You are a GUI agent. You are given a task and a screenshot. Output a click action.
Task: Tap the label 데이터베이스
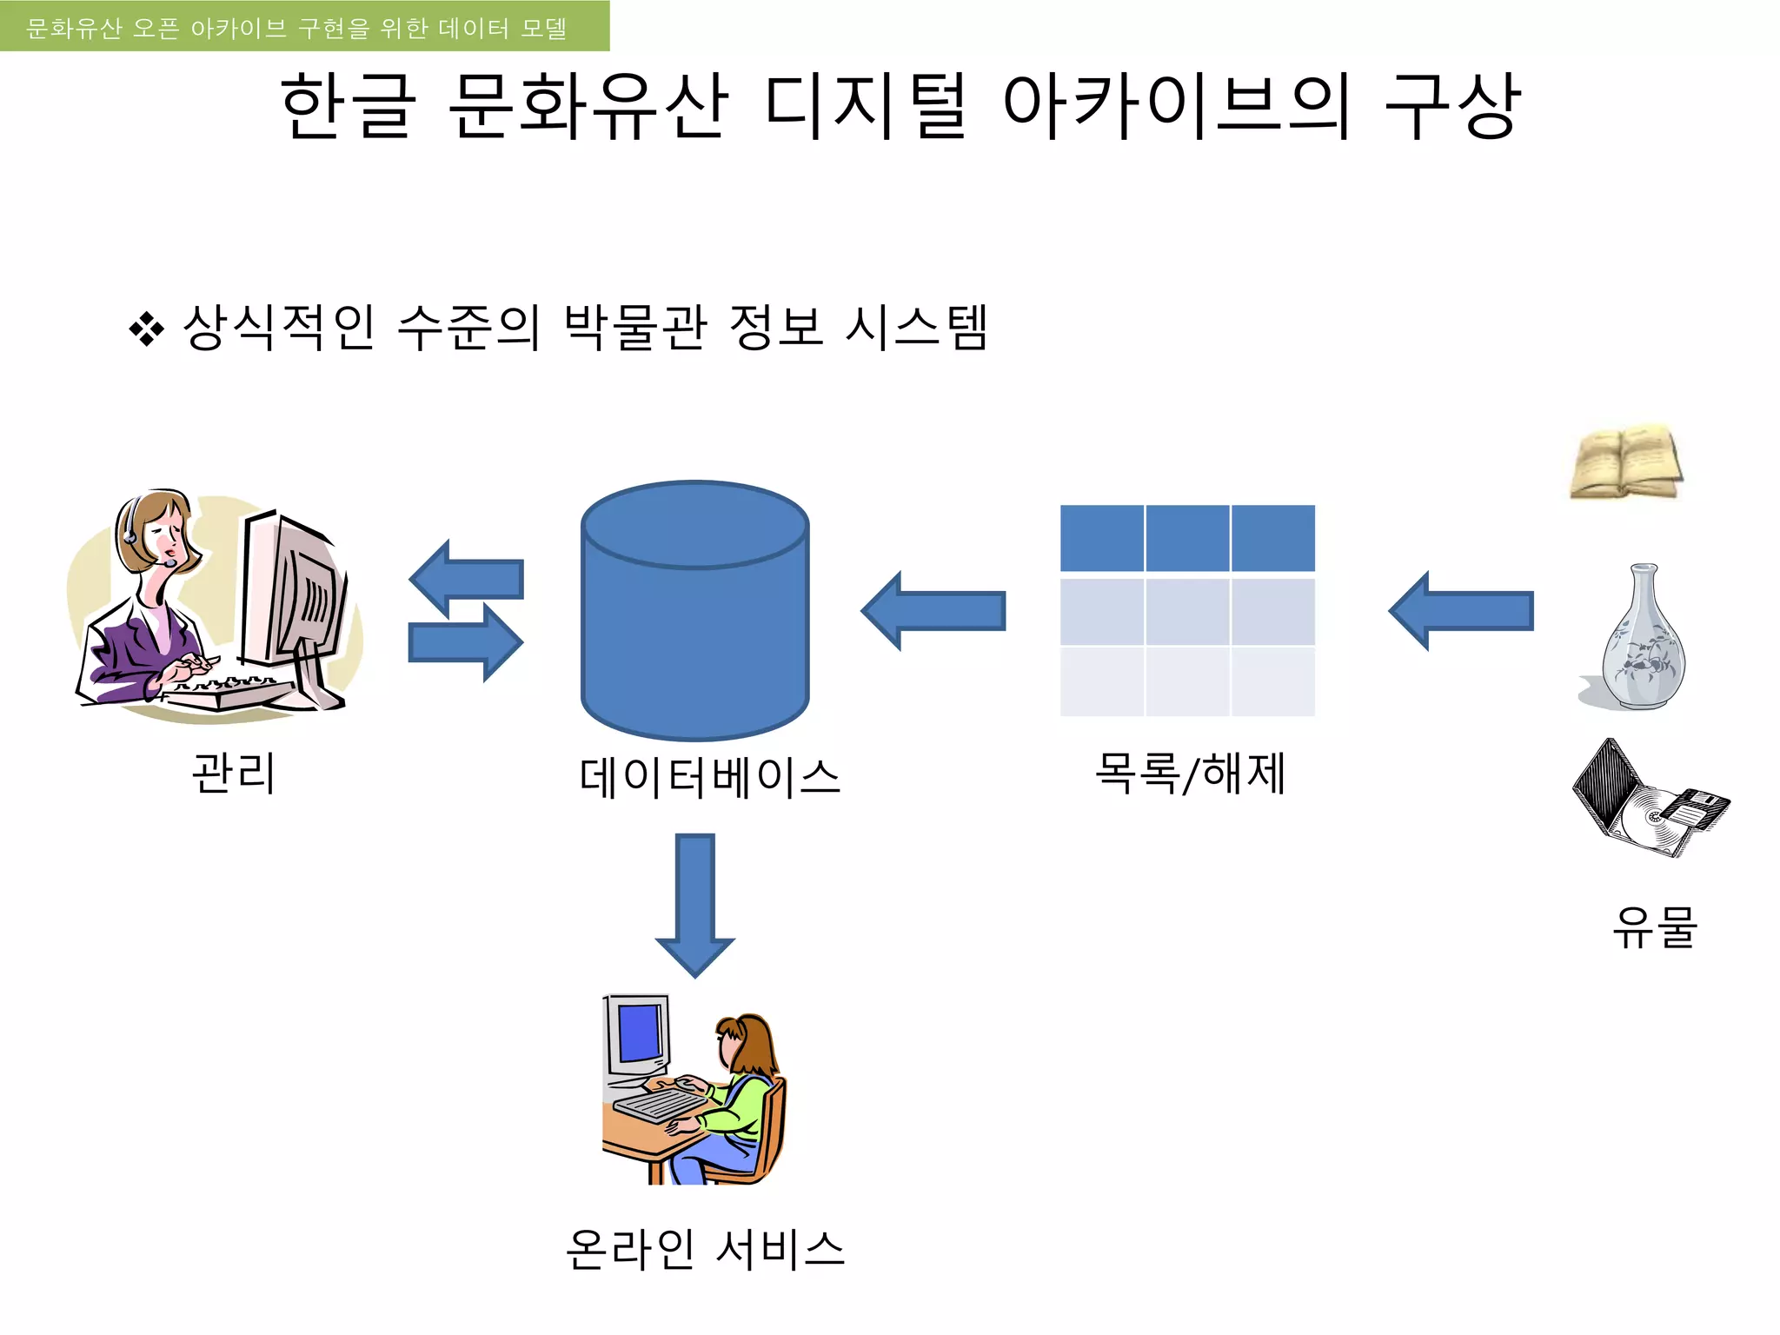coord(709,777)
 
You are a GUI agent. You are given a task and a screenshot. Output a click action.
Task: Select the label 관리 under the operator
coord(234,773)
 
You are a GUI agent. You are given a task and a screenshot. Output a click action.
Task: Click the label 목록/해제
coord(1189,773)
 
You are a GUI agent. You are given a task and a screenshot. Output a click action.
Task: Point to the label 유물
coord(1654,927)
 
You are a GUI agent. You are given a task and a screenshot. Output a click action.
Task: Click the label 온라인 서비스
coord(705,1249)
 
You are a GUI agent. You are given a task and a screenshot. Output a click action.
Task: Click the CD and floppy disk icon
coord(1648,800)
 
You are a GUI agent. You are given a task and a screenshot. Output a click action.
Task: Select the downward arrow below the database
coord(694,904)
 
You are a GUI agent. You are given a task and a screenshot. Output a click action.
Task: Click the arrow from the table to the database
coord(933,611)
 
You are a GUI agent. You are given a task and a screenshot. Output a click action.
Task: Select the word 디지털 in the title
coord(865,106)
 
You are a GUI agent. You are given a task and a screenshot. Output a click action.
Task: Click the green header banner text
coord(296,28)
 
